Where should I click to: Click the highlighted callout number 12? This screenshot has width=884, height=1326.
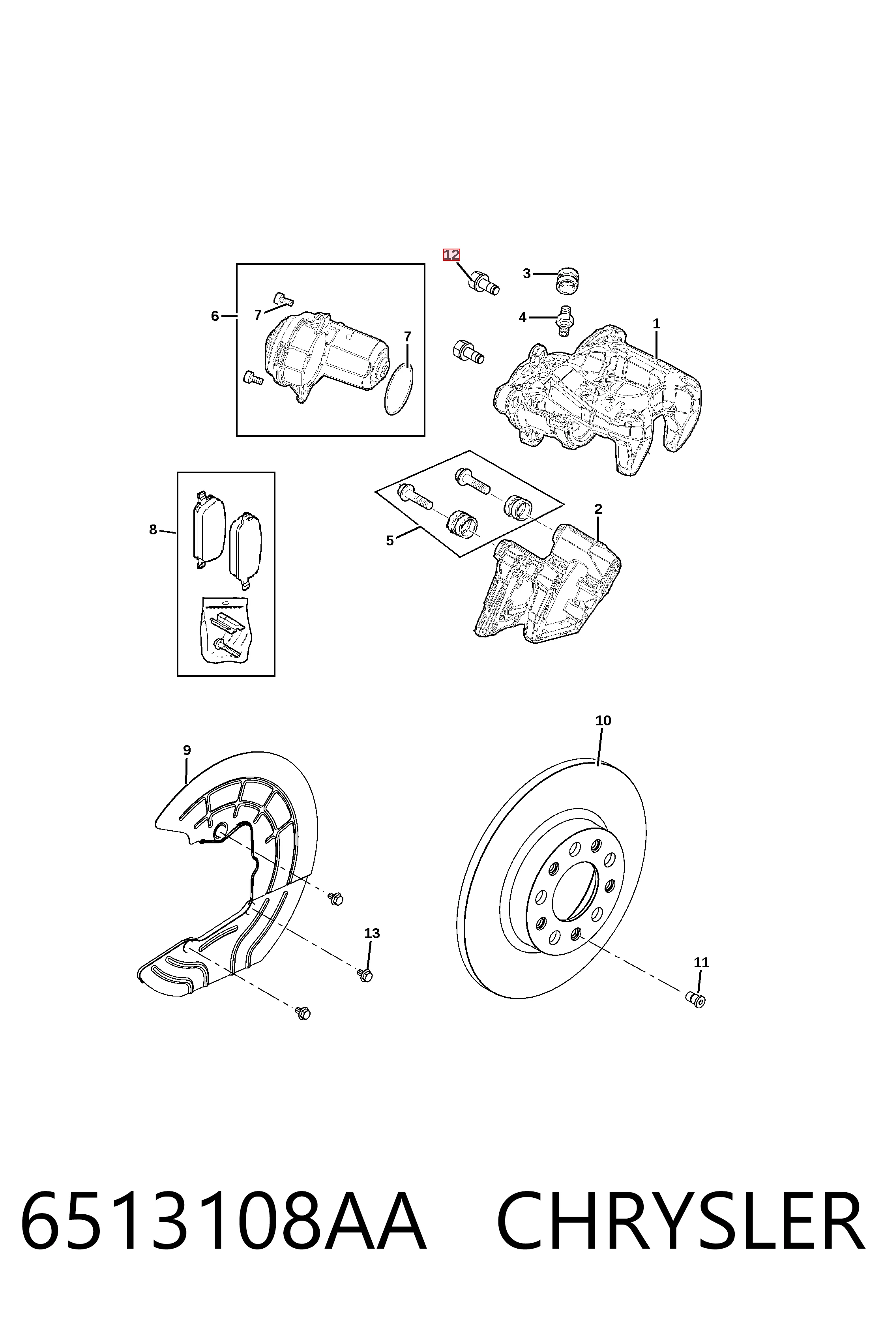[x=451, y=255]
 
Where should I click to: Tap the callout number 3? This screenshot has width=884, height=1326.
[x=526, y=273]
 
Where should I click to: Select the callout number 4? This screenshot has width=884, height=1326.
[x=523, y=317]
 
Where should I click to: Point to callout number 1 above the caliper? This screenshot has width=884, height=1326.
[x=656, y=324]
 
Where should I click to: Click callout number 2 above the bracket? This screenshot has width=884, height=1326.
[x=598, y=509]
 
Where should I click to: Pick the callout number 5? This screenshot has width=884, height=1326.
[x=390, y=541]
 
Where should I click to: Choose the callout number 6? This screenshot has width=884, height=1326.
[x=215, y=316]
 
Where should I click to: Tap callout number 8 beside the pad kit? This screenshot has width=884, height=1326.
[x=153, y=529]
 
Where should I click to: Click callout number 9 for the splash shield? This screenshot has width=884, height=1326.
[x=187, y=750]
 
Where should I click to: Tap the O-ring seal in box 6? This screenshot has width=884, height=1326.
[x=399, y=390]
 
